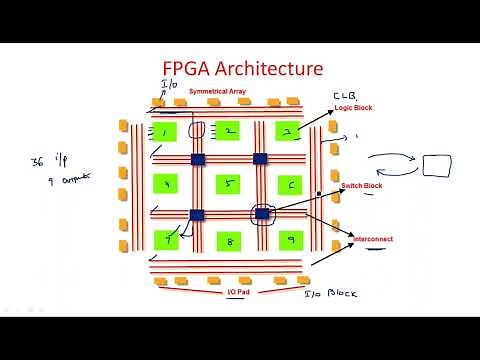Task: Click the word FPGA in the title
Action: [x=189, y=69]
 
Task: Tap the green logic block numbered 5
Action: [x=228, y=185]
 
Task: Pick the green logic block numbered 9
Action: [x=289, y=240]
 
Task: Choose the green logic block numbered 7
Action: [x=166, y=240]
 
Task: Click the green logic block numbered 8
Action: [x=228, y=240]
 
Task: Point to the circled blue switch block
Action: [x=262, y=213]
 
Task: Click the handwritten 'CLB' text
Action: [x=344, y=96]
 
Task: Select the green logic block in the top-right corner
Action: [x=289, y=132]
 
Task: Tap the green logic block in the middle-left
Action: [x=166, y=185]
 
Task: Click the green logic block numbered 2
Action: [x=228, y=132]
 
